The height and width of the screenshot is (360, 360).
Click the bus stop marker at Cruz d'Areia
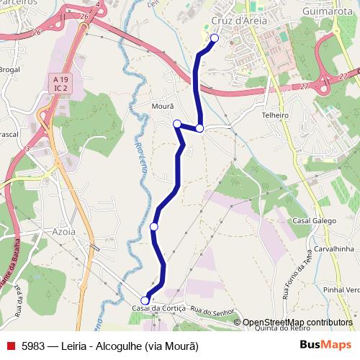click(214, 38)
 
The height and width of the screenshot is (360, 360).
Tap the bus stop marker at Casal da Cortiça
click(145, 300)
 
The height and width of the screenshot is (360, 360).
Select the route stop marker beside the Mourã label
click(177, 124)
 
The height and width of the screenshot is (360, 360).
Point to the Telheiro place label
click(275, 114)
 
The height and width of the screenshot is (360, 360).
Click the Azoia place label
click(64, 233)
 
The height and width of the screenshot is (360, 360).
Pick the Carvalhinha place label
click(333, 248)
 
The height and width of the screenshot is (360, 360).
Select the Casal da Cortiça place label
click(159, 308)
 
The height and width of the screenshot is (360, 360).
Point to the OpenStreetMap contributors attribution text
click(297, 322)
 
